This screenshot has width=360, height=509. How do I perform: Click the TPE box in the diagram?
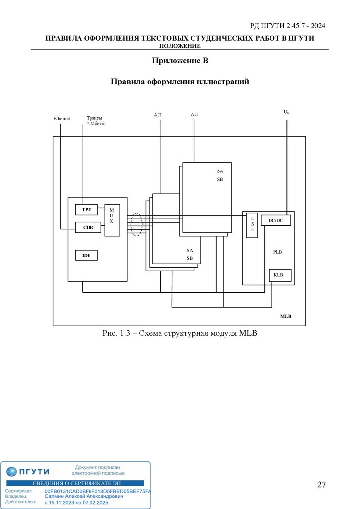pyautogui.click(x=86, y=210)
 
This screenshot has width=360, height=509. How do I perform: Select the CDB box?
pyautogui.click(x=88, y=227)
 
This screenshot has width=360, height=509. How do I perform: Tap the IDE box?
pyautogui.click(x=86, y=255)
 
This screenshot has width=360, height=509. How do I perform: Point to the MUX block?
pyautogui.click(x=112, y=219)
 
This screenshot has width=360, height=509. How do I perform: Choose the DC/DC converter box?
pyautogui.click(x=275, y=220)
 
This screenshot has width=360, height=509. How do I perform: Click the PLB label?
pyautogui.click(x=277, y=252)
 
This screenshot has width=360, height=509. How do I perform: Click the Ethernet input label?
pyautogui.click(x=62, y=119)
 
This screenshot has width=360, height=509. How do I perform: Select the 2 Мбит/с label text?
pyautogui.click(x=96, y=124)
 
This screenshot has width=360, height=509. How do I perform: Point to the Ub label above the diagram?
pyautogui.click(x=286, y=112)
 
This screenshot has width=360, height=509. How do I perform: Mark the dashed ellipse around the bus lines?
pyautogui.click(x=136, y=225)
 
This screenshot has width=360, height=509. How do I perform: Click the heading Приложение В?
pyautogui.click(x=179, y=61)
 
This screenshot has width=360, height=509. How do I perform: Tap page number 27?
pyautogui.click(x=321, y=485)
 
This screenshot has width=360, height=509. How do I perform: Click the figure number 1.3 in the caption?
pyautogui.click(x=124, y=333)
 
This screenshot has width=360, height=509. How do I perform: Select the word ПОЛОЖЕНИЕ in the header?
pyautogui.click(x=180, y=46)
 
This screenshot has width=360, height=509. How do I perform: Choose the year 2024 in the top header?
pyautogui.click(x=317, y=26)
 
